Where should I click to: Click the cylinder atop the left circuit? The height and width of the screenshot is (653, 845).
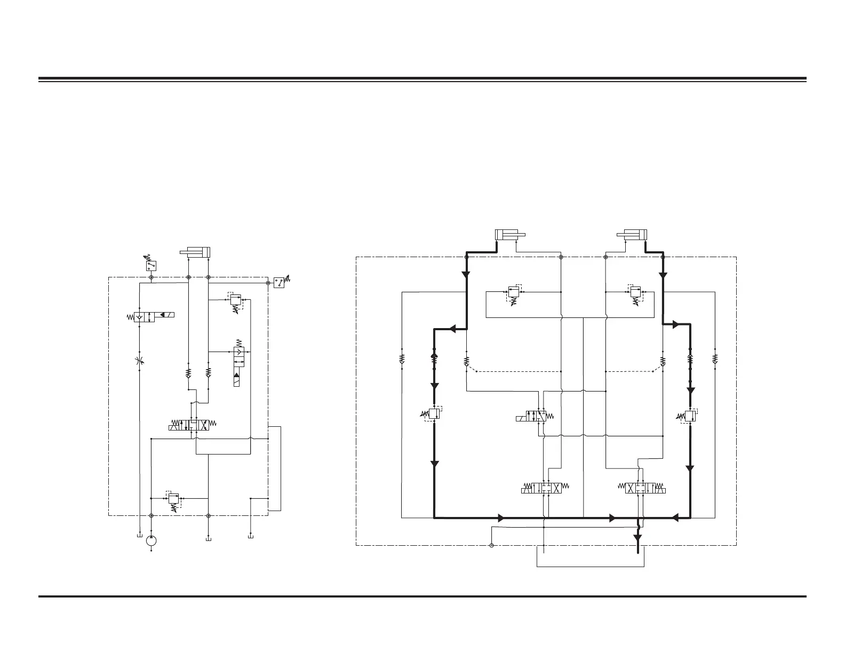tap(196, 252)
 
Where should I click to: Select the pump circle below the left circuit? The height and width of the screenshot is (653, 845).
tap(152, 540)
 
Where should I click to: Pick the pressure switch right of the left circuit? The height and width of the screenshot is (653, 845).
tap(280, 283)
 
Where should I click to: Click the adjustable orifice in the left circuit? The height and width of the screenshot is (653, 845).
tap(139, 361)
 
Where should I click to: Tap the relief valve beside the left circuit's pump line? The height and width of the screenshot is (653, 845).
tap(173, 499)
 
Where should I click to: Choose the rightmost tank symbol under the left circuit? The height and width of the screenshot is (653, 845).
tap(251, 536)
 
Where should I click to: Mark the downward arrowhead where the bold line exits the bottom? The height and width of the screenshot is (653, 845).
tap(637, 538)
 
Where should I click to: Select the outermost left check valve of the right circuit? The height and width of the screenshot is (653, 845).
tap(402, 358)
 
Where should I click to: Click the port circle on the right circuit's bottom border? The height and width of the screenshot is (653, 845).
tap(491, 545)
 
